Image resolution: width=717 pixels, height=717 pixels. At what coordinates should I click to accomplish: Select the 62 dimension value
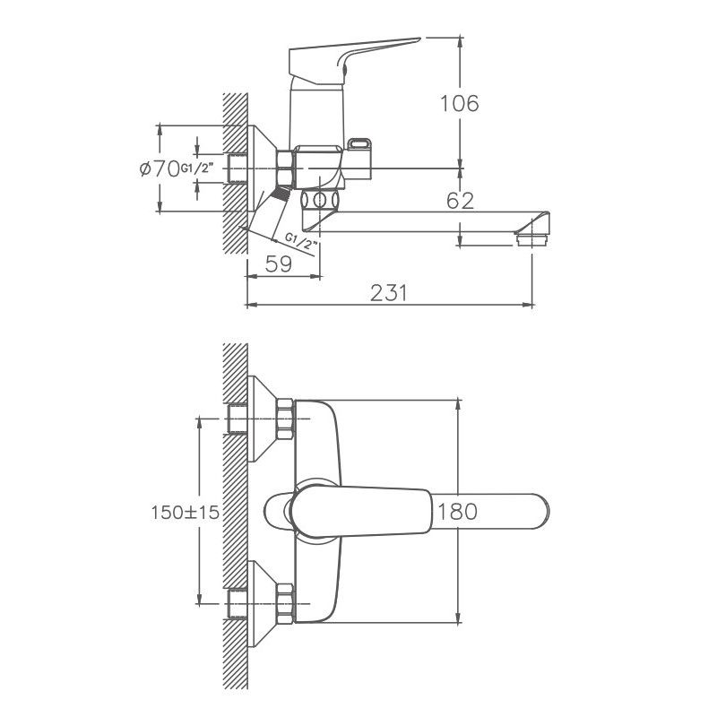(459, 201)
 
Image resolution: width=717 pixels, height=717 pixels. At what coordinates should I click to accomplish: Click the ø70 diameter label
(160, 168)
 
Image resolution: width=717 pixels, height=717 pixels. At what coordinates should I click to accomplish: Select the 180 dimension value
(457, 512)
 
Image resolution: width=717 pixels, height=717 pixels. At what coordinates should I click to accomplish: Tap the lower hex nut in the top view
(286, 601)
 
